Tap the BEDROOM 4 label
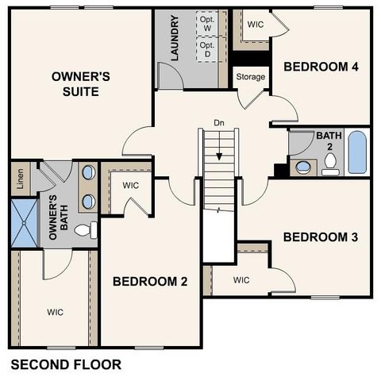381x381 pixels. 321,66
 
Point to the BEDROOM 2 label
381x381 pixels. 150,281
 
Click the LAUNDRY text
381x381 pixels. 174,38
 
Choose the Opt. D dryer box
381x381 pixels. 207,50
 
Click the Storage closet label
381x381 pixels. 250,77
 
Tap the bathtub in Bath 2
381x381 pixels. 357,152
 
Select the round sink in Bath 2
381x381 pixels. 302,167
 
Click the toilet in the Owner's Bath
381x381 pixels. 85,230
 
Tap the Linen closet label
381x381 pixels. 17,180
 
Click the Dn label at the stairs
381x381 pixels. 218,123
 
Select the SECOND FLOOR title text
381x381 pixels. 66,365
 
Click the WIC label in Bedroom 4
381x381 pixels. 255,25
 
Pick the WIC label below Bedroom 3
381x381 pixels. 242,280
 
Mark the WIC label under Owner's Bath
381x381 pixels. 55,311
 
